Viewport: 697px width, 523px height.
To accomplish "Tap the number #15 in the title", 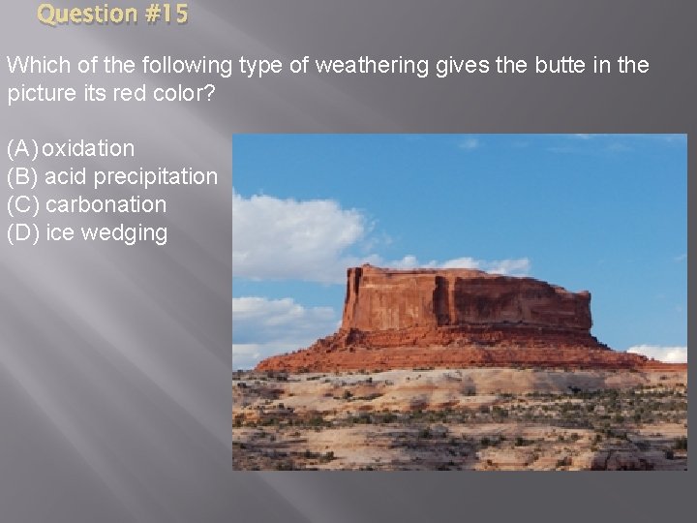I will pos(165,15).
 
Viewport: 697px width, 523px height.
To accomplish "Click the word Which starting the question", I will pos(34,67).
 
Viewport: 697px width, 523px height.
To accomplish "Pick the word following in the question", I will pos(188,67).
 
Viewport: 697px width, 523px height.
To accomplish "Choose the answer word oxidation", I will pos(88,149).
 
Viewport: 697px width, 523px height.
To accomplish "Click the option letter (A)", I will pos(22,149).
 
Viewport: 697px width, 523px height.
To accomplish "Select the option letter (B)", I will pos(22,177).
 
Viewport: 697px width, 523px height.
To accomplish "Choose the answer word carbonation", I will pos(106,205).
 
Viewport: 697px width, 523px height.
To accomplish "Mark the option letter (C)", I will pos(22,205).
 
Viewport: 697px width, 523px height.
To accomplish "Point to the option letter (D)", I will pos(22,233).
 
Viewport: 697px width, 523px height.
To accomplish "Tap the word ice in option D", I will pos(60,233).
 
